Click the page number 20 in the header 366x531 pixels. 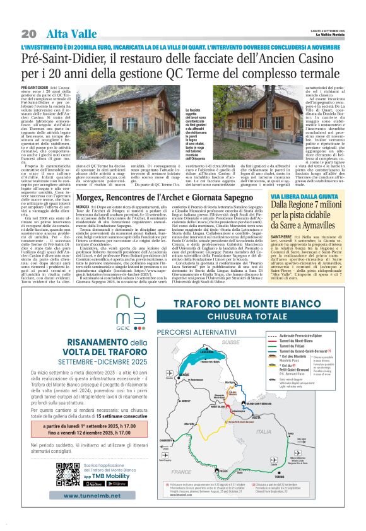pos(28,33)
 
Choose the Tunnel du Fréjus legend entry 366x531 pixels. pos(293,346)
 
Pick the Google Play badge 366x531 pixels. pos(117,484)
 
